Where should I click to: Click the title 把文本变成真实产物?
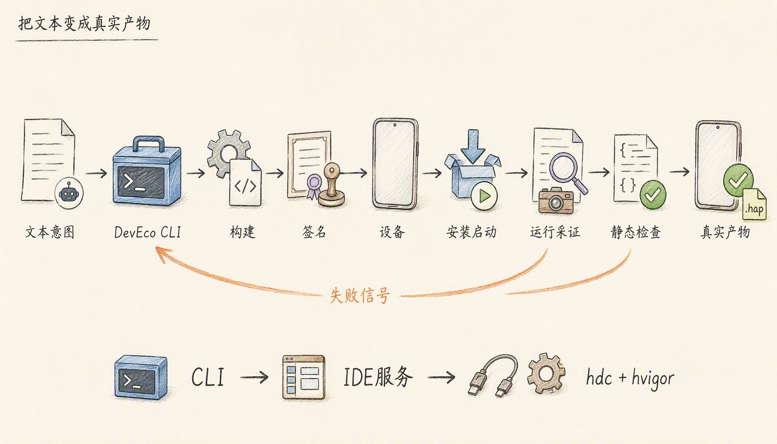(x=84, y=23)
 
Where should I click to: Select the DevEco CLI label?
(x=147, y=232)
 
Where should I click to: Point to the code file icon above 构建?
(x=245, y=182)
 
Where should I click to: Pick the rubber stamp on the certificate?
(x=332, y=185)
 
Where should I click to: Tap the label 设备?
(x=392, y=232)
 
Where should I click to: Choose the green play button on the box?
(x=484, y=197)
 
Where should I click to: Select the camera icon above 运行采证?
(x=556, y=200)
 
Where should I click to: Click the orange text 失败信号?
(x=359, y=296)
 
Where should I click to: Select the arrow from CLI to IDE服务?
(x=254, y=377)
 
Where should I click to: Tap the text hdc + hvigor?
(x=630, y=378)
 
